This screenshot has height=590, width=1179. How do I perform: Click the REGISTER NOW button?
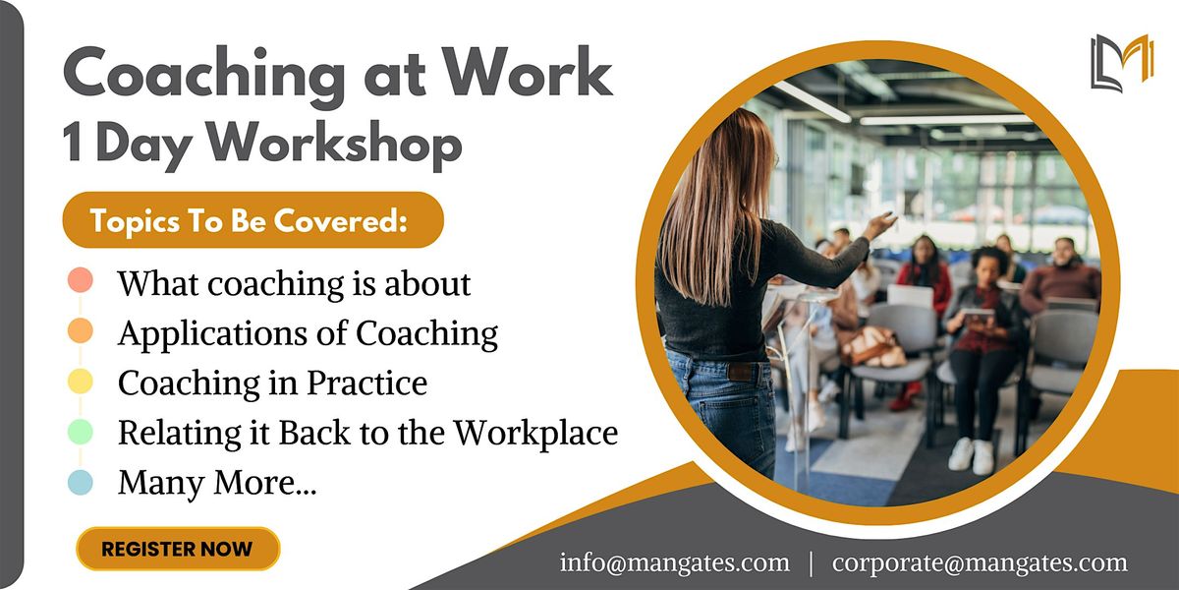(177, 549)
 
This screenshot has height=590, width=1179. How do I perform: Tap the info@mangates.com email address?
(674, 562)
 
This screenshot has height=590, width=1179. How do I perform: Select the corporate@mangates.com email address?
(980, 562)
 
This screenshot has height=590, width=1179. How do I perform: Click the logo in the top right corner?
(1121, 62)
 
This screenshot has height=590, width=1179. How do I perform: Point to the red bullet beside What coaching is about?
(82, 281)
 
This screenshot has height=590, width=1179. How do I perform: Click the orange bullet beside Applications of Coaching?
(82, 331)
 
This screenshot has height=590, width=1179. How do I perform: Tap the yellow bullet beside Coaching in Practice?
(82, 382)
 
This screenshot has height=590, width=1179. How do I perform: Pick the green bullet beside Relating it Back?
(82, 432)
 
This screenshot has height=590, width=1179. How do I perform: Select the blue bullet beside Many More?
(82, 482)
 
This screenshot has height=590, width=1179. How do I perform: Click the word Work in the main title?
(528, 76)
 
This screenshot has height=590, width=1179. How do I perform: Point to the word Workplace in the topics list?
(534, 432)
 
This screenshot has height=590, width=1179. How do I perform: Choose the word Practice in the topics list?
(367, 383)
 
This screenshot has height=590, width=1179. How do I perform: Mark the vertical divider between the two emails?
(811, 563)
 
